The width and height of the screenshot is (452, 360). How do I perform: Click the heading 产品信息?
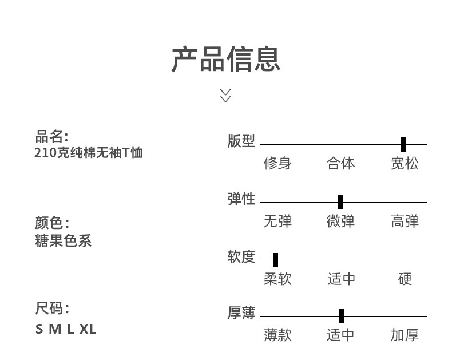[226, 60]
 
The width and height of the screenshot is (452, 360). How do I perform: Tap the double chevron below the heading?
[225, 96]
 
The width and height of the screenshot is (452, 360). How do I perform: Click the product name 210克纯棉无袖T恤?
[88, 153]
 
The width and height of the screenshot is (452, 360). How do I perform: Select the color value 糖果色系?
[64, 240]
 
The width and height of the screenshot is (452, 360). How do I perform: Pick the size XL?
[88, 329]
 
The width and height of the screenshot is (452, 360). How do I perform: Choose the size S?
[39, 329]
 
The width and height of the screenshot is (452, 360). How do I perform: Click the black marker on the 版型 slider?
[403, 144]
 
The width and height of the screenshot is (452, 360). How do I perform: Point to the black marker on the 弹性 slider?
[340, 202]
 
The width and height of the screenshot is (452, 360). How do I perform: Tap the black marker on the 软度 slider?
[275, 260]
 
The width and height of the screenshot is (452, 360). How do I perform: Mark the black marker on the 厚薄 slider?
[341, 316]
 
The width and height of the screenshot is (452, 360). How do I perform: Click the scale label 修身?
[277, 164]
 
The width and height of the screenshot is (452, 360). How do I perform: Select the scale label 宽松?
[405, 164]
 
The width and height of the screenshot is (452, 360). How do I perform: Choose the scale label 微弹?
[340, 221]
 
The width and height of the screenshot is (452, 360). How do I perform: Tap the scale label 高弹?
[405, 221]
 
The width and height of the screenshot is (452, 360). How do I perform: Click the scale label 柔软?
[277, 279]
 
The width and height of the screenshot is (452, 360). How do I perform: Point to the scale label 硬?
[405, 279]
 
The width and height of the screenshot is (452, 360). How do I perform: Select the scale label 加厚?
[405, 335]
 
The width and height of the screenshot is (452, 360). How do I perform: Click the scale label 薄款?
[277, 335]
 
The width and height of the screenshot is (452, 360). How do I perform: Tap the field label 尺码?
[52, 309]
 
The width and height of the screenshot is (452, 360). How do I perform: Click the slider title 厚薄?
[241, 314]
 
